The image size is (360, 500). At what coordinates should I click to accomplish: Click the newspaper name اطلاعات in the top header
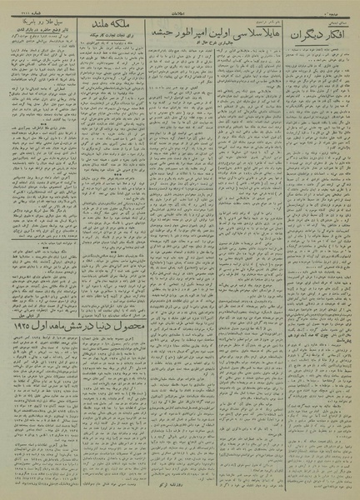click(180, 7)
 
